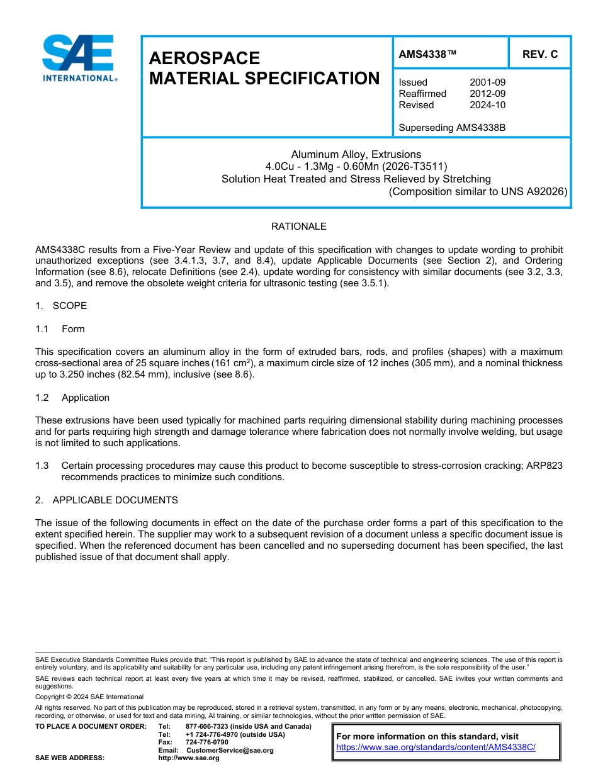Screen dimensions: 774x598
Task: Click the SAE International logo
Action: point(78,58)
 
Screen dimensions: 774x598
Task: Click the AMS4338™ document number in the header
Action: point(427,55)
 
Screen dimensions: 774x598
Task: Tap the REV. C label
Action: point(540,55)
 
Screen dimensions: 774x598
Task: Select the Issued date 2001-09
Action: point(487,82)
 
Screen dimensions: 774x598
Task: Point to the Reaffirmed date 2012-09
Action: point(487,94)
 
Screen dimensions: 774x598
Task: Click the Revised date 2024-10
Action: point(487,105)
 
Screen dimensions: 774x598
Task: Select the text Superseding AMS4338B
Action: point(452,128)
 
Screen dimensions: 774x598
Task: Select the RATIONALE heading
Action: point(298,227)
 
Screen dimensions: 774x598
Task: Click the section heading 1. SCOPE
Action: point(61,306)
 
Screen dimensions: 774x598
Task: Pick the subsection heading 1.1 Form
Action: point(60,329)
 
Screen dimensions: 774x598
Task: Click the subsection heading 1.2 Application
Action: point(73,398)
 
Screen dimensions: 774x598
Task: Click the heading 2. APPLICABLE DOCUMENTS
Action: point(106,500)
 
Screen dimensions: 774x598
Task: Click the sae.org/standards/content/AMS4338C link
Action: point(436,748)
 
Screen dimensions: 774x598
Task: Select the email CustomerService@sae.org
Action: point(230,750)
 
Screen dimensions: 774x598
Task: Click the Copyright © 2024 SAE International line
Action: point(89,697)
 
